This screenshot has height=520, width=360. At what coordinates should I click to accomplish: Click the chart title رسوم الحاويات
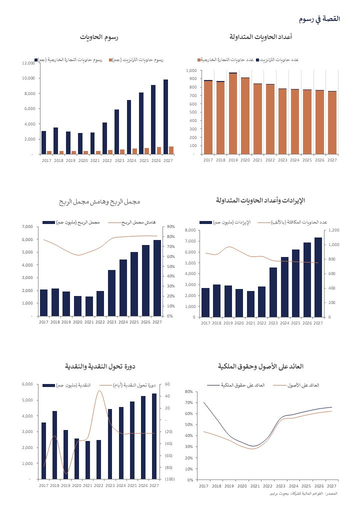[99, 37]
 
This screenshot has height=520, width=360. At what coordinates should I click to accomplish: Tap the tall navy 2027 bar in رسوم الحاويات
[165, 116]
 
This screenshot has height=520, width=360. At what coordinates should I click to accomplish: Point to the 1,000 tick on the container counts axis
[191, 70]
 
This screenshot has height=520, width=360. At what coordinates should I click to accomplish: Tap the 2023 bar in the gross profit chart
[111, 292]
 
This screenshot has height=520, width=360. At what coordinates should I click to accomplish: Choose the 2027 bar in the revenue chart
[318, 277]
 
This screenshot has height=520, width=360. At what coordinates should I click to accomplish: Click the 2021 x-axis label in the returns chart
[254, 485]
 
